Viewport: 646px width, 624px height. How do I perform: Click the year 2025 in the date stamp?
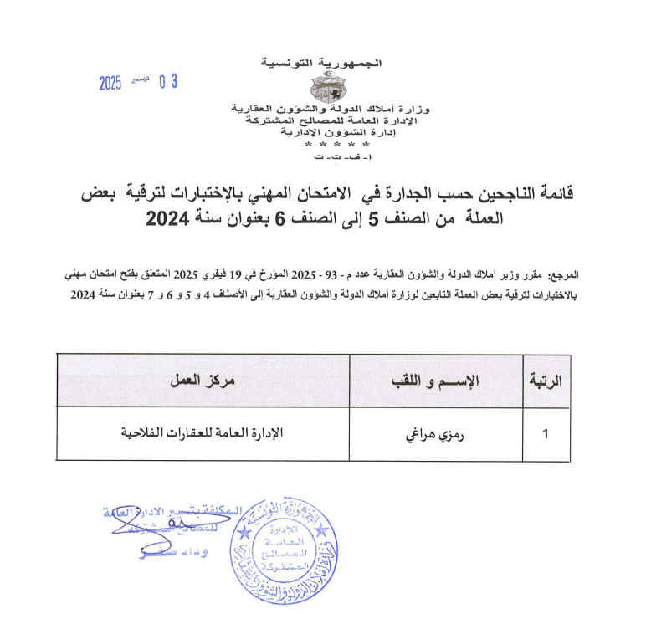[110, 83]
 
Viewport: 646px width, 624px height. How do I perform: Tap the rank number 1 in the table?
[546, 433]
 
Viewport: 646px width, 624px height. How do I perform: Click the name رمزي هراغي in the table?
[436, 433]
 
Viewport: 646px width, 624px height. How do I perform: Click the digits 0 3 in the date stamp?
[168, 82]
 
